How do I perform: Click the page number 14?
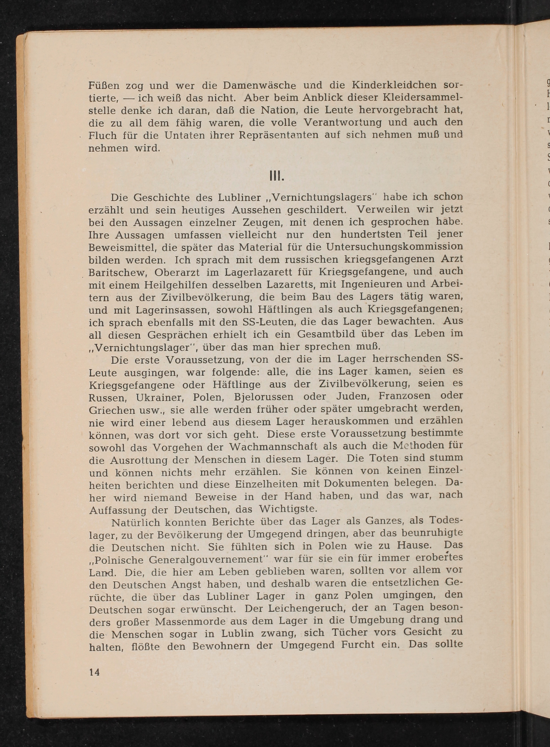[x=94, y=672]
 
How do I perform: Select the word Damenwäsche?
[x=259, y=86]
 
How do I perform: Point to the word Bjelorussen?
[x=264, y=397]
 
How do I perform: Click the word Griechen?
[x=111, y=410]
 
